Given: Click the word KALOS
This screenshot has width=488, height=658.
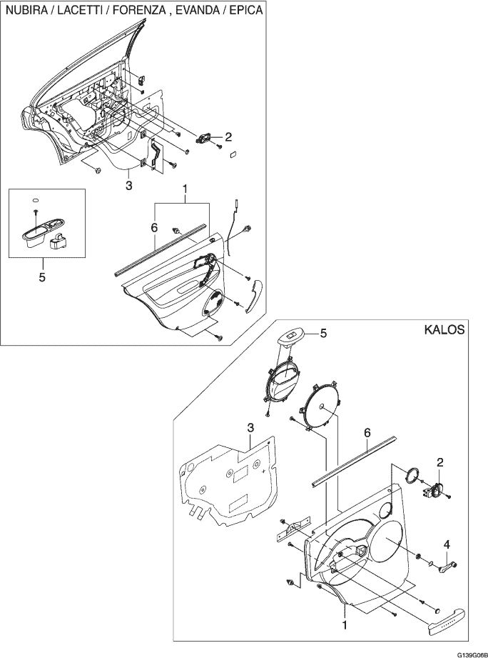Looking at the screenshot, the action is (x=444, y=329).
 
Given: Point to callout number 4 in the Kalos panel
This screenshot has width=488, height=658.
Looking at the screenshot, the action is (x=447, y=544).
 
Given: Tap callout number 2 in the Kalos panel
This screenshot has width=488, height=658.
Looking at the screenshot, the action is (x=439, y=462).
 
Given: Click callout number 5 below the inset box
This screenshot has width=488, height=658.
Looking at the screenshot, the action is (x=42, y=277).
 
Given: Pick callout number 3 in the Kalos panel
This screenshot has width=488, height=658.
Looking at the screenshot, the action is (x=250, y=428).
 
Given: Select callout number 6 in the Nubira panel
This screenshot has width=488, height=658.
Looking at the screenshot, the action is (x=153, y=228).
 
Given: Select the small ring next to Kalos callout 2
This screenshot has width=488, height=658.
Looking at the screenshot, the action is (x=412, y=475).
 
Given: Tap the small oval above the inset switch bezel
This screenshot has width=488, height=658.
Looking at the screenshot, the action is (x=36, y=199).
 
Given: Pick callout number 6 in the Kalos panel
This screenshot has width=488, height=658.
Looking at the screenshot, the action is (x=367, y=433).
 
